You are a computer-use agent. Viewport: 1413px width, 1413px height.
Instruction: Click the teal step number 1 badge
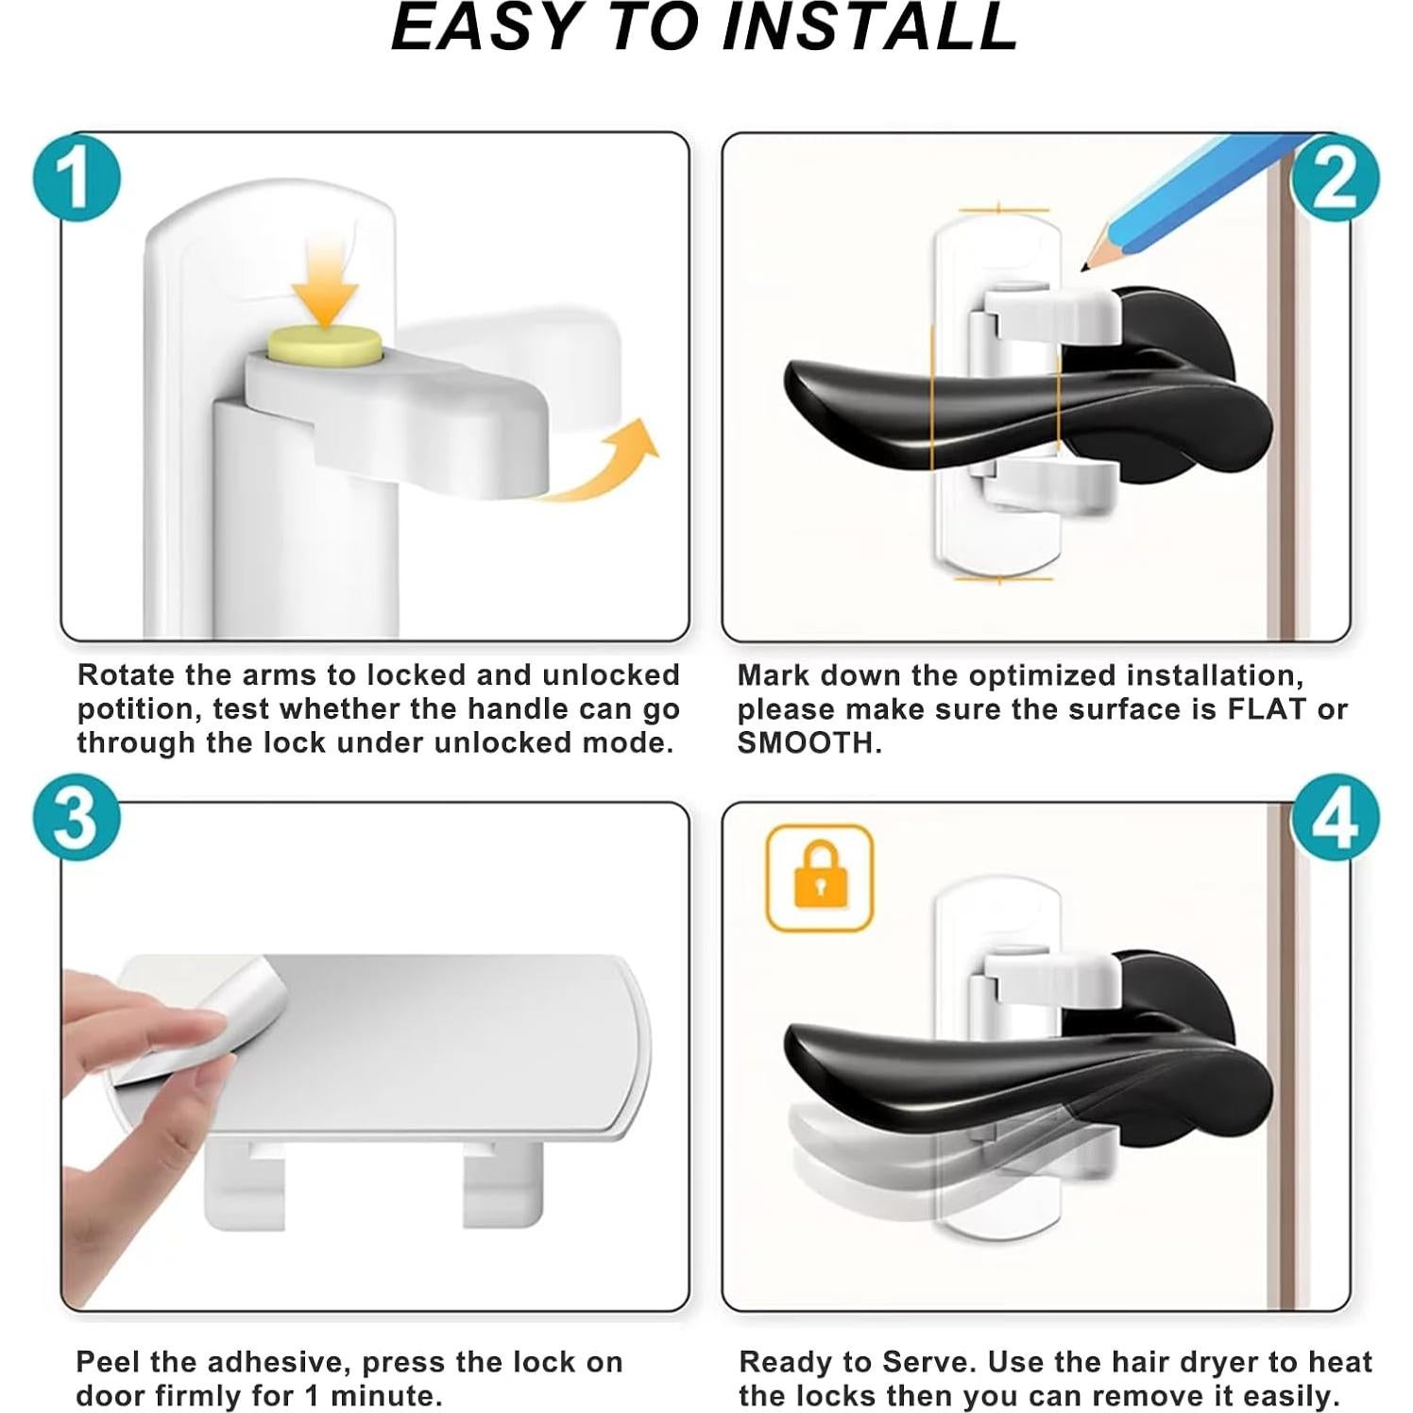coord(77,177)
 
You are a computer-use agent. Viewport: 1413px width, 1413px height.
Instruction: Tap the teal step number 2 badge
coord(1335,178)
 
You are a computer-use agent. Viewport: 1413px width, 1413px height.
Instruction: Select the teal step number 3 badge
coord(77,818)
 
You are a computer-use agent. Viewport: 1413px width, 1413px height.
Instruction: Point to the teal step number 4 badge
coord(1335,818)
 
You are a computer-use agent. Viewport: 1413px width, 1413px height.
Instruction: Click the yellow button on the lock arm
coord(323,346)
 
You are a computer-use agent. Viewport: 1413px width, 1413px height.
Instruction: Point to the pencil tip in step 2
coord(1086,266)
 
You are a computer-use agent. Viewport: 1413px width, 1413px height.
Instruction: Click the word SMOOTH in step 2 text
coord(809,743)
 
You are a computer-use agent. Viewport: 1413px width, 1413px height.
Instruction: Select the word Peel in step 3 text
coord(109,1362)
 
